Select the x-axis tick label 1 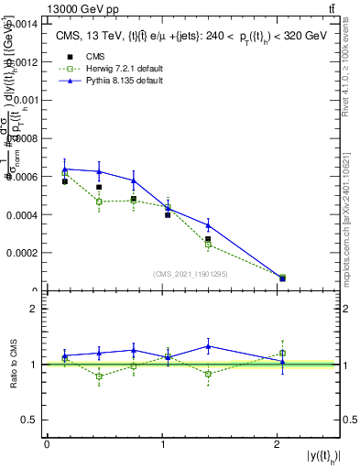click(x=163, y=444)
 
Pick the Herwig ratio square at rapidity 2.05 click(x=282, y=353)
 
